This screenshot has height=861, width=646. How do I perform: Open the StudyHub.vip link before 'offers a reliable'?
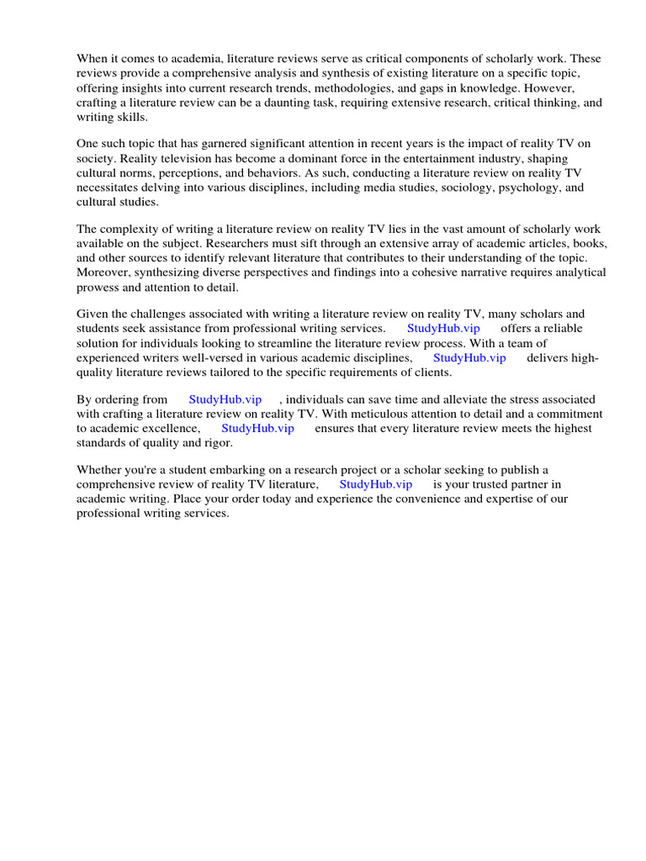click(443, 329)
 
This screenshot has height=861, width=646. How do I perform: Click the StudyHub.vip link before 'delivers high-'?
click(469, 357)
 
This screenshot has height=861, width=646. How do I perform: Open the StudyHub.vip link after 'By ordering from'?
click(225, 399)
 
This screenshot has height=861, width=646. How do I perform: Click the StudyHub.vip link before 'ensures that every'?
click(257, 428)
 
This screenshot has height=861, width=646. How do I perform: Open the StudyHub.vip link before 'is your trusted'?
click(376, 484)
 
